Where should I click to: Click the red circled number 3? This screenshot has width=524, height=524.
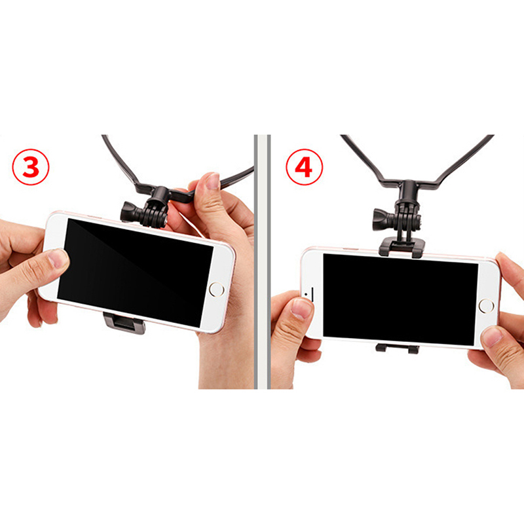31,167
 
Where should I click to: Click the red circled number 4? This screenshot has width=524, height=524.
305,167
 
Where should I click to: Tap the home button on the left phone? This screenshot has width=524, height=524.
217,290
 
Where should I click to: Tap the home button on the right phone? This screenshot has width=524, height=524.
486,306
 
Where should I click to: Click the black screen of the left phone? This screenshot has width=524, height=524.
136,272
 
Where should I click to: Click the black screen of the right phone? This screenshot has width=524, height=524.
400,299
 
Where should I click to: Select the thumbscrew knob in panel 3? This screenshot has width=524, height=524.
132,212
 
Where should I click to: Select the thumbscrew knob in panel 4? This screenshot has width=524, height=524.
384,219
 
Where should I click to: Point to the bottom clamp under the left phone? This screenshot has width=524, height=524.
124,323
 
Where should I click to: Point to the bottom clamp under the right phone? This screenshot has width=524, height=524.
397,348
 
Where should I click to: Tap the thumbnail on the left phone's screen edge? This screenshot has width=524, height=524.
58,258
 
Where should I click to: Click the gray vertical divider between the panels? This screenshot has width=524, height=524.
262,261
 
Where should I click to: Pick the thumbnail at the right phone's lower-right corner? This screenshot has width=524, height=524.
491,337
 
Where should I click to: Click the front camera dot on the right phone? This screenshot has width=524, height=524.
306,294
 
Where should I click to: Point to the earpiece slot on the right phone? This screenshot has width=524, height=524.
313,294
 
